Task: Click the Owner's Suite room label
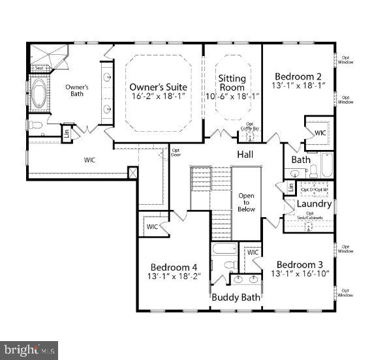[x=158, y=87]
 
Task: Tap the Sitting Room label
[x=232, y=83]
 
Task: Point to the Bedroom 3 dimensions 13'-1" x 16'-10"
[x=300, y=274]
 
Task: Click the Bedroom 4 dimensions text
[x=174, y=277]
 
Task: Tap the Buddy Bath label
[x=236, y=297]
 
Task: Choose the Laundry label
[x=314, y=203]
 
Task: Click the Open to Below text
[x=246, y=203]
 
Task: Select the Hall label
[x=245, y=155]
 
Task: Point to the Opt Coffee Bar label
[x=249, y=126]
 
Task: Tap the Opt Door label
[x=176, y=152]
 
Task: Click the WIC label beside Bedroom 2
[x=320, y=133]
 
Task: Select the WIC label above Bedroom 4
[x=152, y=227]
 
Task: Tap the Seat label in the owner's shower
[x=39, y=67]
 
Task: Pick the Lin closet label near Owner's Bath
[x=66, y=134]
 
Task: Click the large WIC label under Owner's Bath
[x=89, y=158]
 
